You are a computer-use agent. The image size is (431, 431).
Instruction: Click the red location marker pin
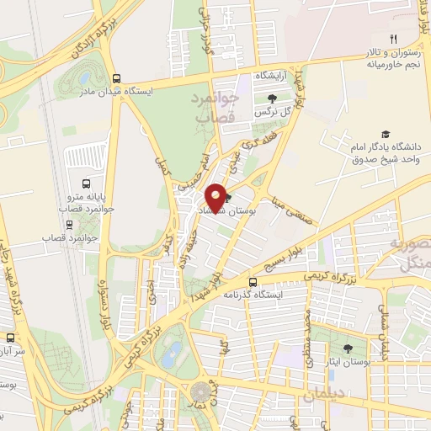216,197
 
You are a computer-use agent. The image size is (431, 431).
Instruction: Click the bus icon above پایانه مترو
86,183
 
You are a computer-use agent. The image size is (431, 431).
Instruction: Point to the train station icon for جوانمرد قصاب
68,225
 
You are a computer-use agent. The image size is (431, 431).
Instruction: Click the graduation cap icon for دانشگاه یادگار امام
386,135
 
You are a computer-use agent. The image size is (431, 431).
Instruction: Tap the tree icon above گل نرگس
271,100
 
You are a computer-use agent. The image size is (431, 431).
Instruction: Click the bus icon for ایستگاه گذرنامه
253,281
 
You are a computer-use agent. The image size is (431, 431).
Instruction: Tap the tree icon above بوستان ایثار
349,348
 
